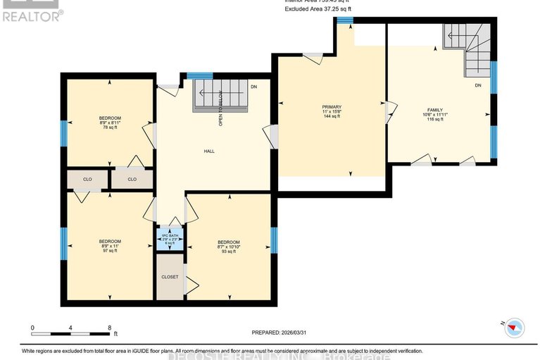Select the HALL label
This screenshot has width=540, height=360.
209,151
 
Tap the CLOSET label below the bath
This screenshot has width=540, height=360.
169,277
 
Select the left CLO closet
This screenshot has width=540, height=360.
87,179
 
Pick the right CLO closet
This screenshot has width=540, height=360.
132,179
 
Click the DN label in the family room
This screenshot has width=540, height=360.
477,85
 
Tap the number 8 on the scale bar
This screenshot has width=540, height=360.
109,327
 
